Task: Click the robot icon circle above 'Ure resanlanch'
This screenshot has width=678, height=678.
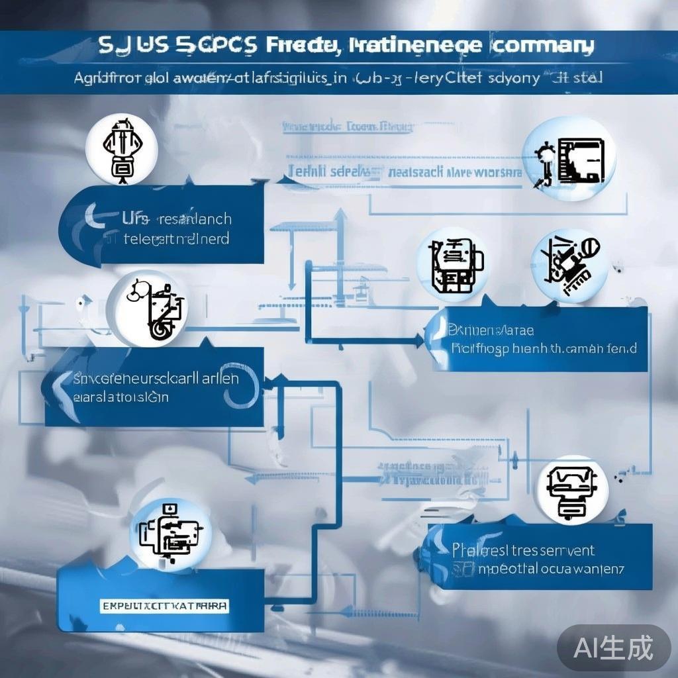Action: pos(122,149)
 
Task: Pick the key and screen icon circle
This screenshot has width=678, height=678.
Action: pos(569,159)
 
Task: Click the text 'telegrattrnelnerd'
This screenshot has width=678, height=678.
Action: pos(176,238)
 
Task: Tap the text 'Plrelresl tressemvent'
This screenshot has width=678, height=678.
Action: pos(524,550)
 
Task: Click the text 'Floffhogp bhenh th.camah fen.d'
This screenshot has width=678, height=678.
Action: pos(543,348)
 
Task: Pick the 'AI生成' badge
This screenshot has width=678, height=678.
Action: pos(614,648)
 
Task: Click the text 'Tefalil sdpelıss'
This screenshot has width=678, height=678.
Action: pos(336,172)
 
